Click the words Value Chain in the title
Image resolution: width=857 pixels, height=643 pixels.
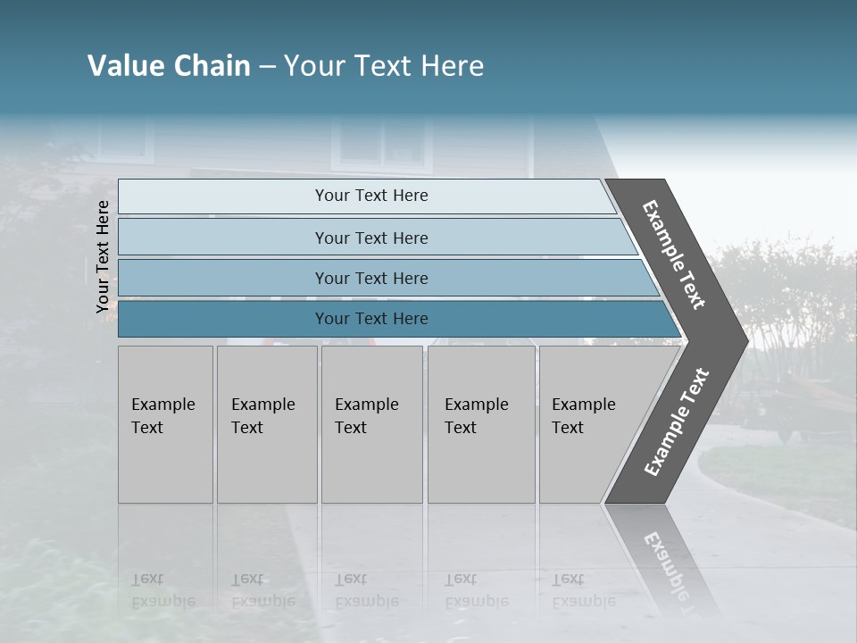click(x=169, y=66)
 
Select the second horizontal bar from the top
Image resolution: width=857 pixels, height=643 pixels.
click(x=370, y=238)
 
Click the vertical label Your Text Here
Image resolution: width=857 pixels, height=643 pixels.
click(x=103, y=256)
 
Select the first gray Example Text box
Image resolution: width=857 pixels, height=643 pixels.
click(x=165, y=424)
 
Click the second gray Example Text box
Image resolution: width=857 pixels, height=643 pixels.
click(x=267, y=424)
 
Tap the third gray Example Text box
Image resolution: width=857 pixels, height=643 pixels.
click(x=371, y=424)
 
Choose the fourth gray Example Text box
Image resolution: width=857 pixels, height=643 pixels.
click(x=481, y=424)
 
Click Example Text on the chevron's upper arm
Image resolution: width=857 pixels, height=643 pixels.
click(x=674, y=255)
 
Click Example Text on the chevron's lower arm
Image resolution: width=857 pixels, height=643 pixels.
click(x=677, y=422)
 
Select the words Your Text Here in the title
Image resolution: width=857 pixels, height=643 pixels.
click(x=384, y=66)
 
